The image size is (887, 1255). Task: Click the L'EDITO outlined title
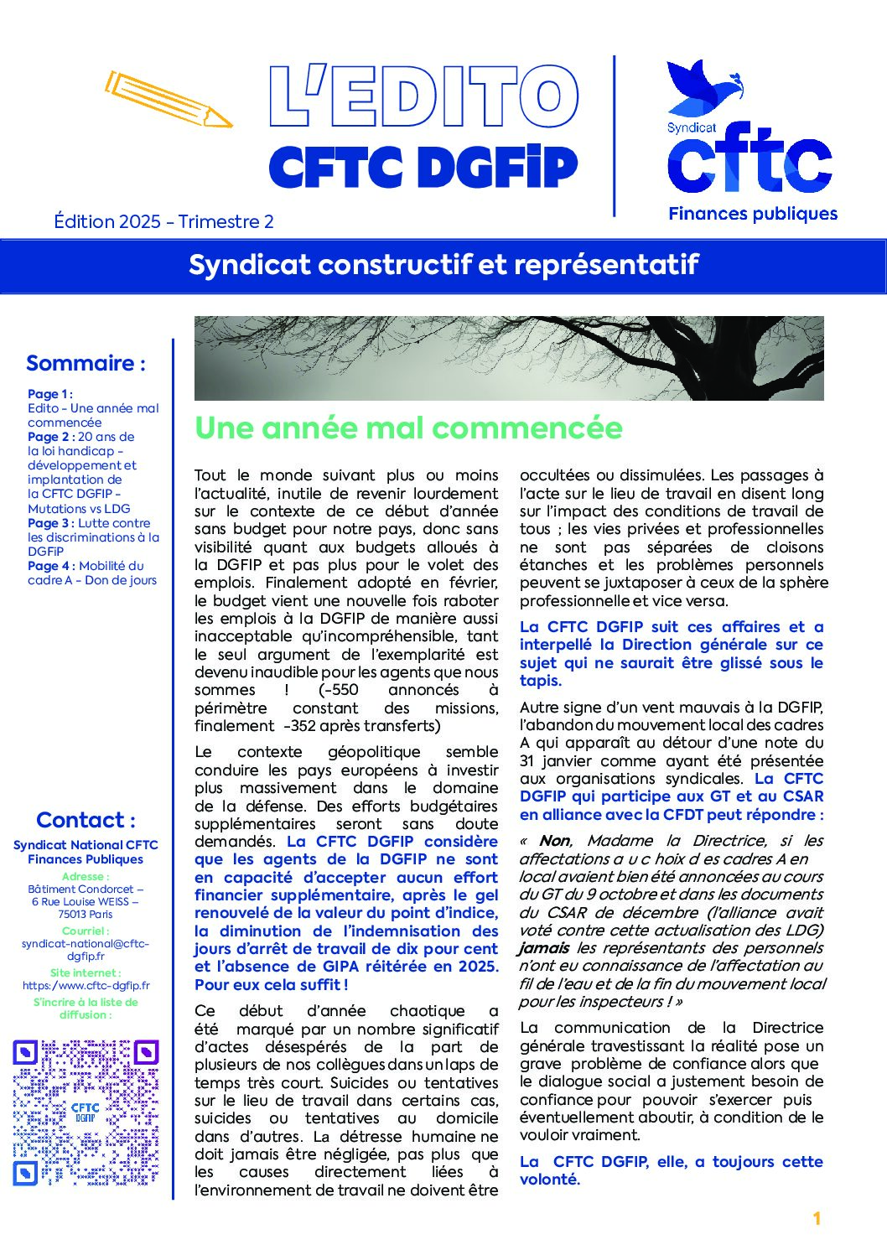pos(423,97)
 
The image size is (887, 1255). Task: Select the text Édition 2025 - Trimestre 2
pos(163,221)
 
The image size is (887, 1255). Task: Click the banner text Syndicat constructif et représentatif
pos(443,265)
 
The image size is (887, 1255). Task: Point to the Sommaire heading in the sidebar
pos(86,363)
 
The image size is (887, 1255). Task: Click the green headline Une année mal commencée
pos(408,428)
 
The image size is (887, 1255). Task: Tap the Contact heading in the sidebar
pos(86,820)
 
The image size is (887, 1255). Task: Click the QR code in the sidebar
pos(86,1112)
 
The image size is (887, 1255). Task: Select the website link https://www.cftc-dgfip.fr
pos(86,986)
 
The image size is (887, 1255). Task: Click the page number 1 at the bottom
pos(817,1219)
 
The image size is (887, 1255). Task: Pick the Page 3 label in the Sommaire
pos(51,523)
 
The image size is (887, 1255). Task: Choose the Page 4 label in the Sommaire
pos(51,566)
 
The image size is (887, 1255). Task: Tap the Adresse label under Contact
pos(85,876)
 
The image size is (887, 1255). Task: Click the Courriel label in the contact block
pos(85,931)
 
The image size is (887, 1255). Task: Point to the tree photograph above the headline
pos(509,358)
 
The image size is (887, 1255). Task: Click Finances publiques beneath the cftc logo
pos(753,214)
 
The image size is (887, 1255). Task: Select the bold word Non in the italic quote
pos(554,841)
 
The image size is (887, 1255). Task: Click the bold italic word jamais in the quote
pos(544,948)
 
